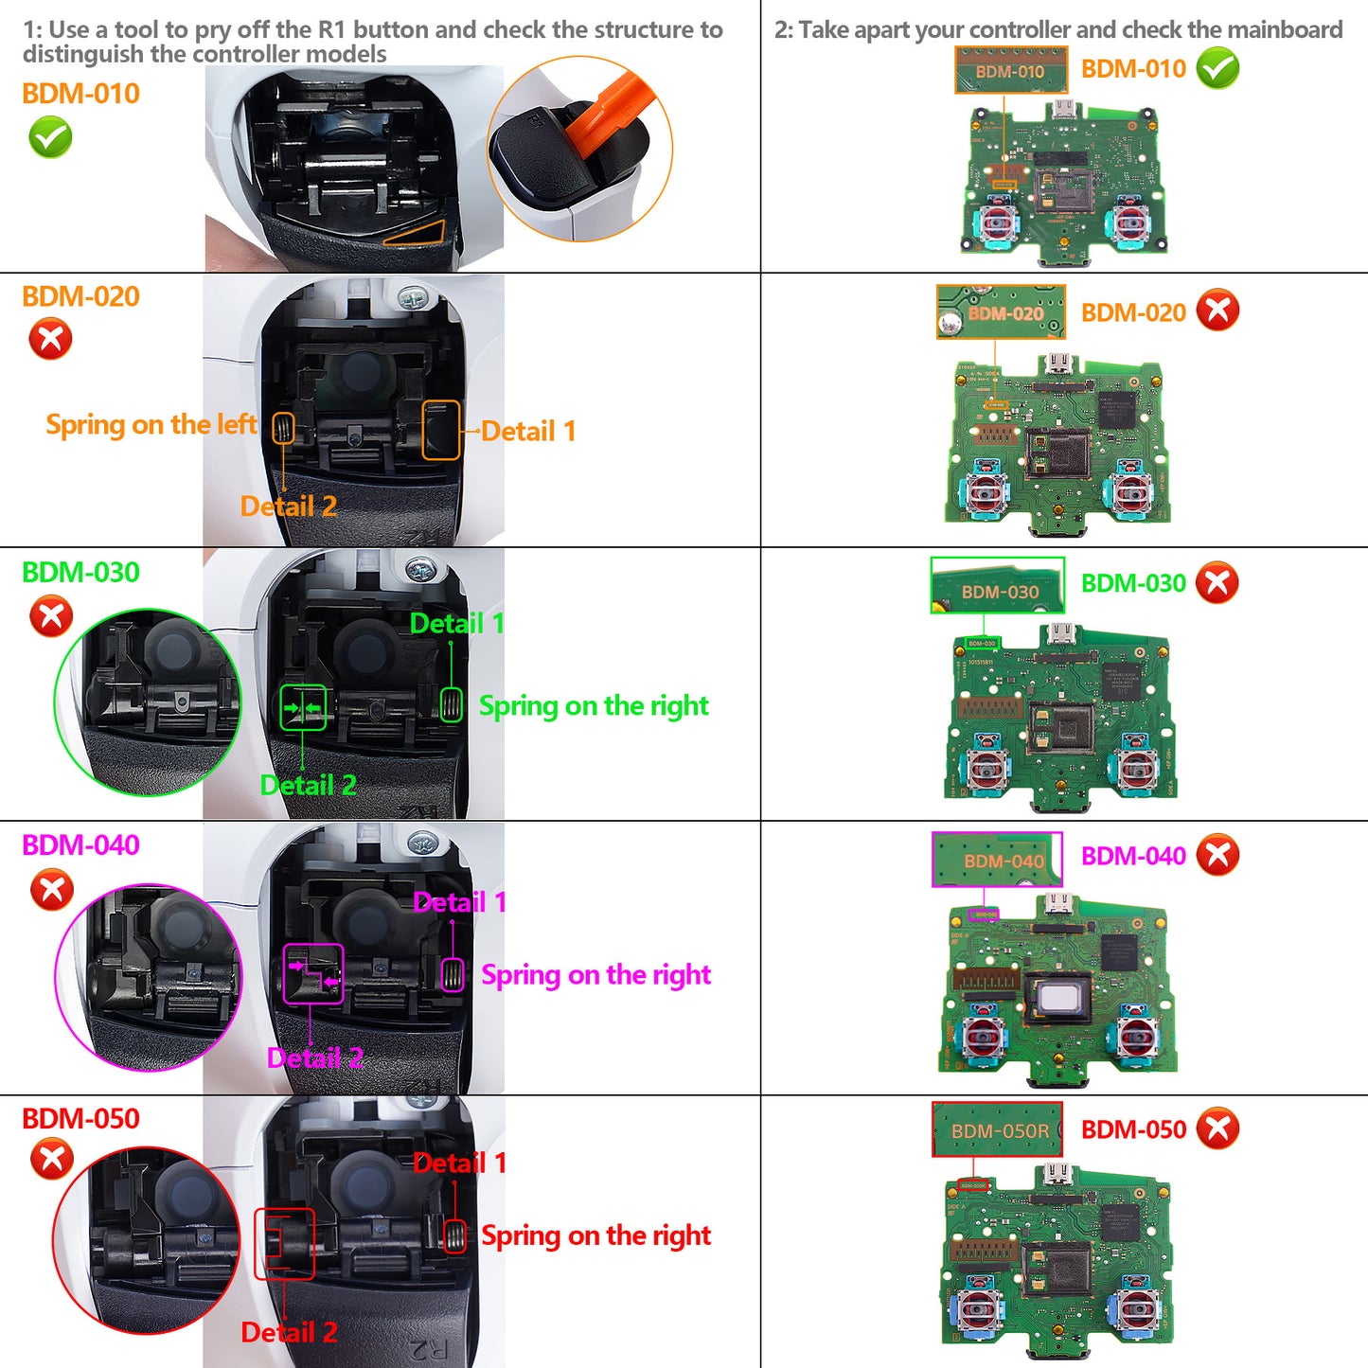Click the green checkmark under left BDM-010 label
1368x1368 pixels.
click(50, 138)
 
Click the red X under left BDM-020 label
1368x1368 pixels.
click(50, 339)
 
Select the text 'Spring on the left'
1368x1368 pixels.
click(151, 424)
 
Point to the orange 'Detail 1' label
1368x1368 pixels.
click(528, 432)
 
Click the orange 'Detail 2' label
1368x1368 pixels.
click(288, 506)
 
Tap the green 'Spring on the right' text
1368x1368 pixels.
click(594, 706)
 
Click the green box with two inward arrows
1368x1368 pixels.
click(303, 708)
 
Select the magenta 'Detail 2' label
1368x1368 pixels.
click(314, 1057)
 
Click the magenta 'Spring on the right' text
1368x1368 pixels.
click(595, 975)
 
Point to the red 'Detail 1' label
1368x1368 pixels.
click(459, 1163)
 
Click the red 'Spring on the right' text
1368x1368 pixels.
click(595, 1235)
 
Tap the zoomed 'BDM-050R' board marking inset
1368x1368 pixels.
click(998, 1129)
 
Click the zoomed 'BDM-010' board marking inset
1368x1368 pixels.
click(1010, 71)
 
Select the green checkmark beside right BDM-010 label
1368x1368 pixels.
click(1217, 68)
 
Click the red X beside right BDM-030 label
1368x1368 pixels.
click(1217, 583)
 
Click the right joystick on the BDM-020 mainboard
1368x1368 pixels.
click(1131, 490)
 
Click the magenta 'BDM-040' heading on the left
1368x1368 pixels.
click(80, 845)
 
